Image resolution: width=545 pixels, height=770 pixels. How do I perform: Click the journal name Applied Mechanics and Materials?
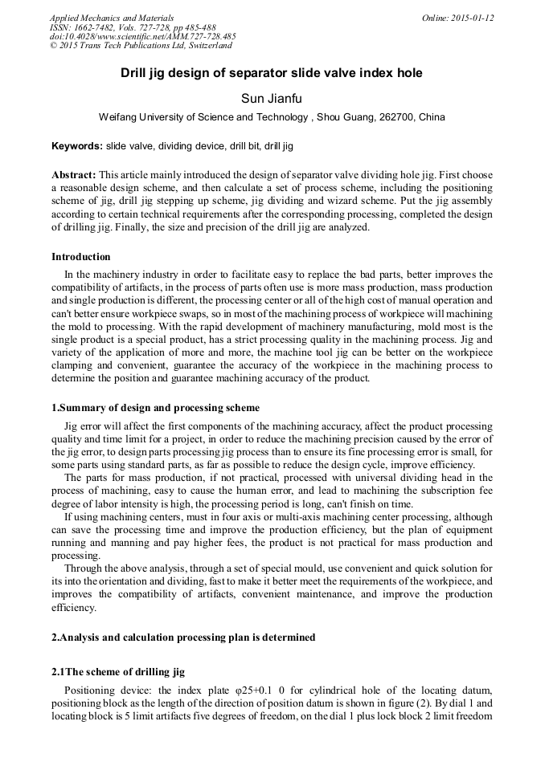pos(111,18)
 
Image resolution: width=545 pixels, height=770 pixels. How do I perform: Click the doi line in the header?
pos(142,37)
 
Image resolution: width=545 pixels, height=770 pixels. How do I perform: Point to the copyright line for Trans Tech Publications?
pos(141,46)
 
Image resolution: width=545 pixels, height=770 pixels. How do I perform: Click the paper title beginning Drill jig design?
pos(272,73)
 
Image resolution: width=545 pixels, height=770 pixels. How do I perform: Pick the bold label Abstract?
pos(74,174)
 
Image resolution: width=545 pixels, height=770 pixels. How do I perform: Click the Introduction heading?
pos(81,257)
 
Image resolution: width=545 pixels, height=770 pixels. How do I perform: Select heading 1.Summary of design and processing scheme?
pos(155,408)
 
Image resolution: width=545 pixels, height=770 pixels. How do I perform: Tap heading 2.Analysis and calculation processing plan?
pos(183,638)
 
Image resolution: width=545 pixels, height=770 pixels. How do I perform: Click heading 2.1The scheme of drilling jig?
pos(118,672)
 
